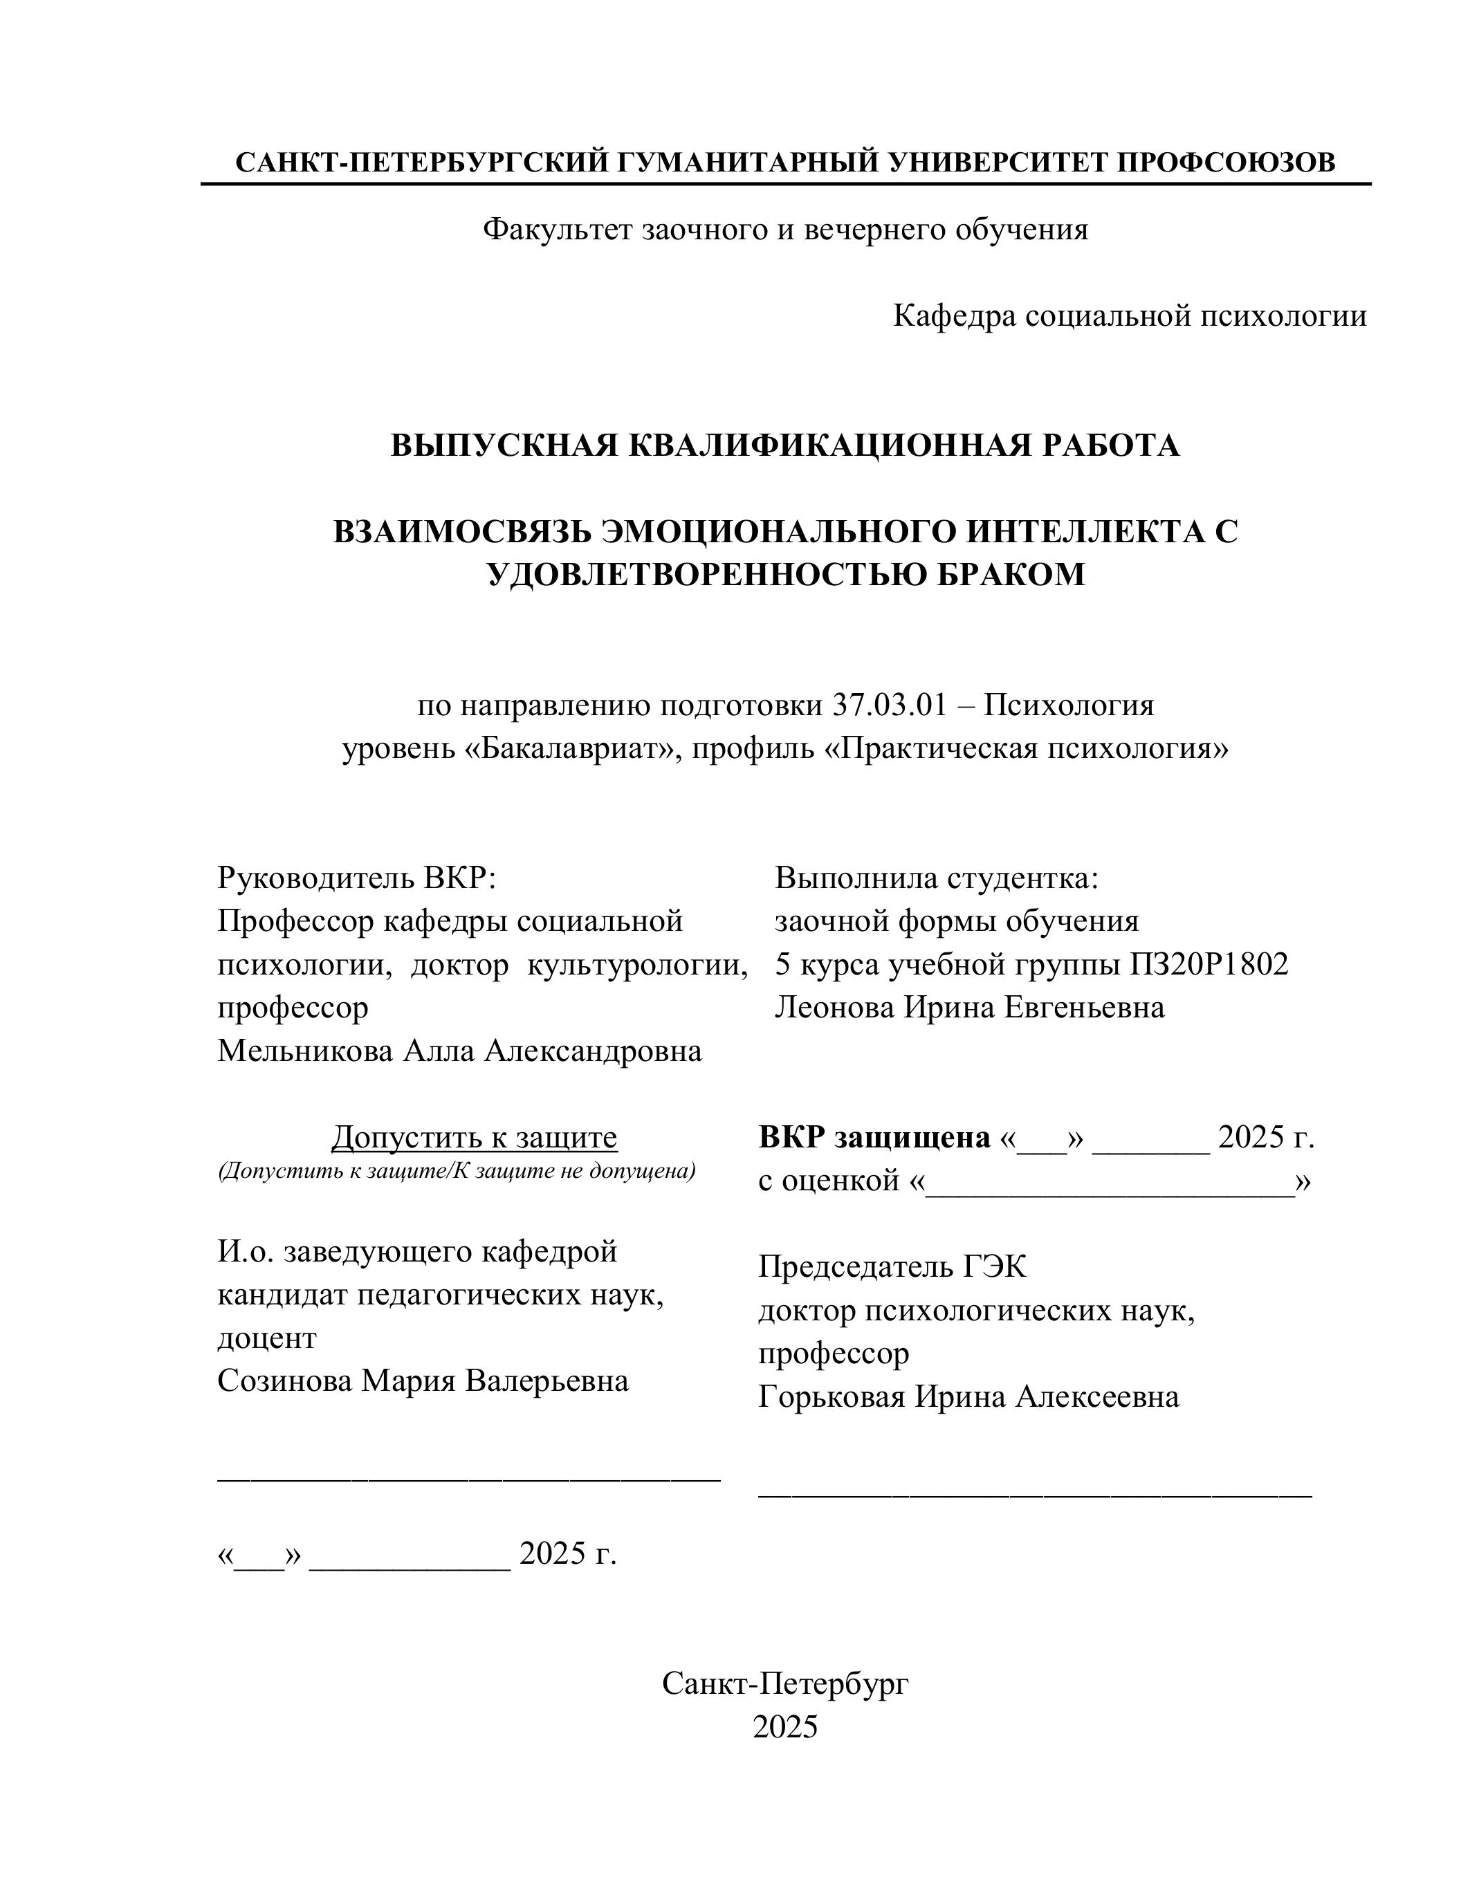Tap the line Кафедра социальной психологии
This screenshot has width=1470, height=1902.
[1130, 315]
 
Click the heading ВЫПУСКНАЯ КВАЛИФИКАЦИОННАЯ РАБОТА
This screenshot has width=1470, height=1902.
[784, 445]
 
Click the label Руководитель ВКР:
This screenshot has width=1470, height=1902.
[356, 877]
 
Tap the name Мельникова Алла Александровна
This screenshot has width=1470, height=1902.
[459, 1051]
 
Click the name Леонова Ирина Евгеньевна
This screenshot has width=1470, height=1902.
[969, 1008]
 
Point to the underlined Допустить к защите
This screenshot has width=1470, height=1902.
[474, 1137]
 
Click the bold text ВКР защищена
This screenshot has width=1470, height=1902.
[874, 1137]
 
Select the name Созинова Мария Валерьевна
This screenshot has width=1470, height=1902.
[423, 1381]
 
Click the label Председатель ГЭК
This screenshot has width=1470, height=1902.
[892, 1267]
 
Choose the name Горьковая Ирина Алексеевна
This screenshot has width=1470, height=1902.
[968, 1397]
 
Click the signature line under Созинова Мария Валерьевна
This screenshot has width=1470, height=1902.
[468, 1477]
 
